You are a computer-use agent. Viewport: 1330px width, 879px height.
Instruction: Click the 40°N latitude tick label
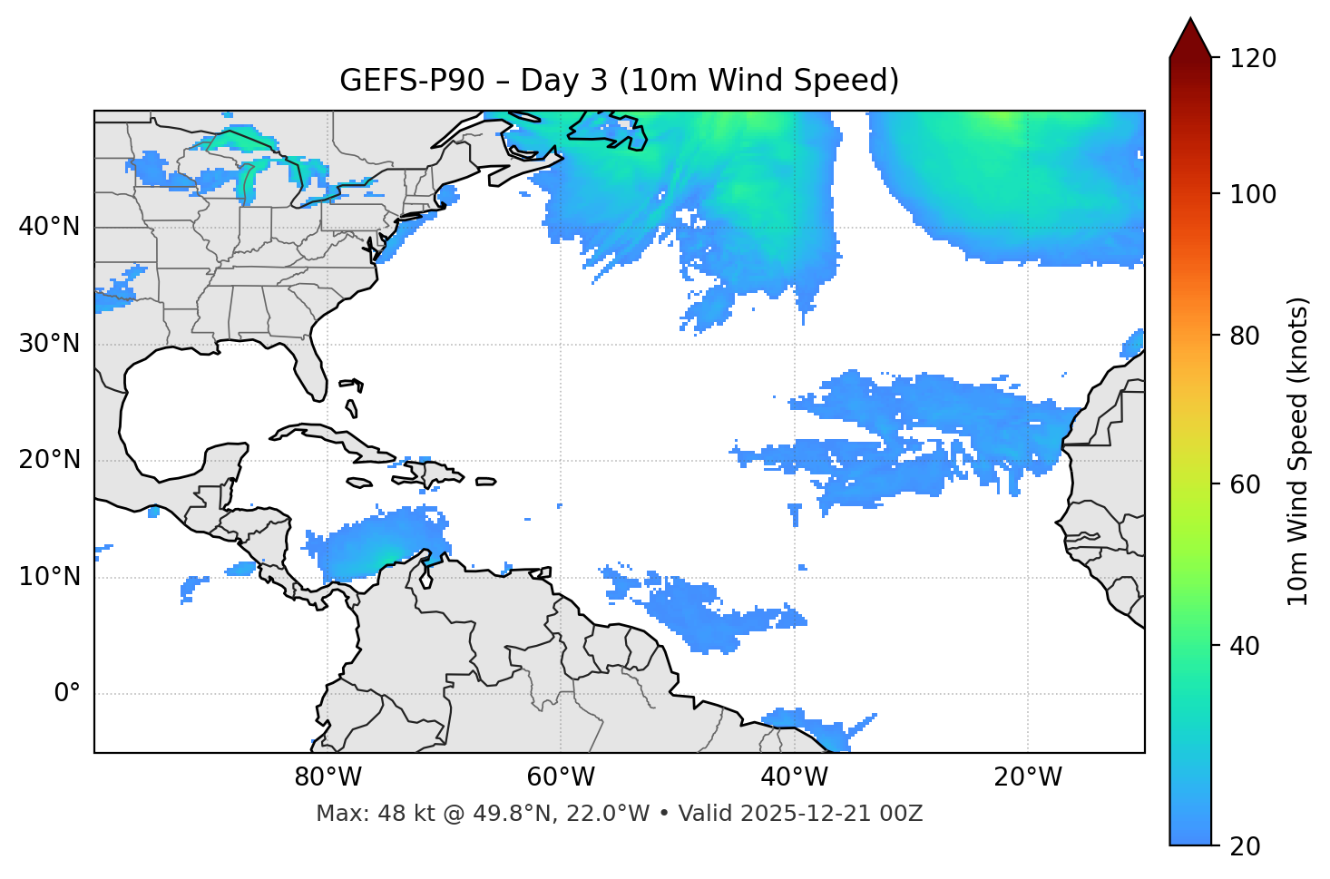click(49, 227)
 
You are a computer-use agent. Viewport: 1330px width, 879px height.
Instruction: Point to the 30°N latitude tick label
click(49, 344)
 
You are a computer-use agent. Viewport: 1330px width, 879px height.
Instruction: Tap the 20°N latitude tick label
click(49, 460)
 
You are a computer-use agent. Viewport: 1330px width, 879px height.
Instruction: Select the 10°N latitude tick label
click(49, 577)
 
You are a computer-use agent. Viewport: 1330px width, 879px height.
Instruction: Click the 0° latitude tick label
click(67, 694)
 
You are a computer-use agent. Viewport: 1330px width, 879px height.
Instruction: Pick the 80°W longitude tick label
click(328, 777)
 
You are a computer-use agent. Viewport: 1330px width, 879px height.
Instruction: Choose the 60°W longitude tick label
click(561, 777)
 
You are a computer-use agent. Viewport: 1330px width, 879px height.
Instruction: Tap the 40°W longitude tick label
click(795, 777)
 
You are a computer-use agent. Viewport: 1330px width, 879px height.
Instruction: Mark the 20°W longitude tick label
click(1028, 777)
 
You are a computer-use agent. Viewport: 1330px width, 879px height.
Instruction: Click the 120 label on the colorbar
click(1253, 59)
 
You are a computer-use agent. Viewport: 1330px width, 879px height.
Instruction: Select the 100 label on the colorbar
click(1253, 194)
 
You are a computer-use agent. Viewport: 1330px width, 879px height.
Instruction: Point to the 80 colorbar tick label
click(1246, 336)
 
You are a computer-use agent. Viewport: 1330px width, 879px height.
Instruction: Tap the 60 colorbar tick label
click(1246, 484)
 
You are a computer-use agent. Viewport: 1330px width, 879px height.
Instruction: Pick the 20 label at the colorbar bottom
click(1246, 846)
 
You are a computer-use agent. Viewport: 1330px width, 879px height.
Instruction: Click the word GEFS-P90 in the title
click(399, 81)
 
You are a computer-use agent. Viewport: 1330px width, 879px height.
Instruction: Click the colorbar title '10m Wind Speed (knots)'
click(1298, 451)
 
